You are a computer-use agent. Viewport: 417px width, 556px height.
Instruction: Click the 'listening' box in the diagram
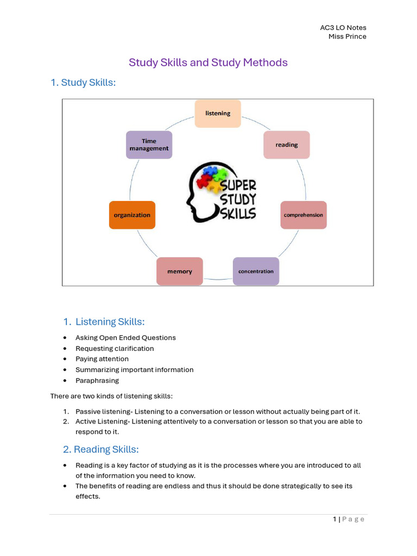(218, 113)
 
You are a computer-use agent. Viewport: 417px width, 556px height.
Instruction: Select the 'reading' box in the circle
(287, 145)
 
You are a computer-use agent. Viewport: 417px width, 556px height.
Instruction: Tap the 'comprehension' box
(304, 215)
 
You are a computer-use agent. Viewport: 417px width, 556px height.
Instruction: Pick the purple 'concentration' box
(256, 271)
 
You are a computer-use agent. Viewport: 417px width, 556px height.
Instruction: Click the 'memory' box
(180, 271)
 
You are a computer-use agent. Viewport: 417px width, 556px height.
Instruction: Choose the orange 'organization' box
(132, 215)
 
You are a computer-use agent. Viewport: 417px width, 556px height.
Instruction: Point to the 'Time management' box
(149, 145)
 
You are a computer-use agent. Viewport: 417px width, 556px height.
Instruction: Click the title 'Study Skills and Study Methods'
(208, 62)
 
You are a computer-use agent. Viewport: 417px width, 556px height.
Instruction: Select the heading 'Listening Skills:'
(110, 322)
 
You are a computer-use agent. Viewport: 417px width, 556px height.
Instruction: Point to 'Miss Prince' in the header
(347, 36)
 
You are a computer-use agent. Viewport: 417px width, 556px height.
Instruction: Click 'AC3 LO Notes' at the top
(344, 28)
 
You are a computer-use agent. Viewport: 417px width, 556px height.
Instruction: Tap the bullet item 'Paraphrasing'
(97, 381)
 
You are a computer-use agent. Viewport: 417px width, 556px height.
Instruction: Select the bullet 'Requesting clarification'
(115, 349)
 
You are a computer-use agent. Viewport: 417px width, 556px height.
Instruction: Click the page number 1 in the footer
(335, 520)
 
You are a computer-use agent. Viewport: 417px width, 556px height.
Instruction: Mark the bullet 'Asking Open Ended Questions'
(125, 338)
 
